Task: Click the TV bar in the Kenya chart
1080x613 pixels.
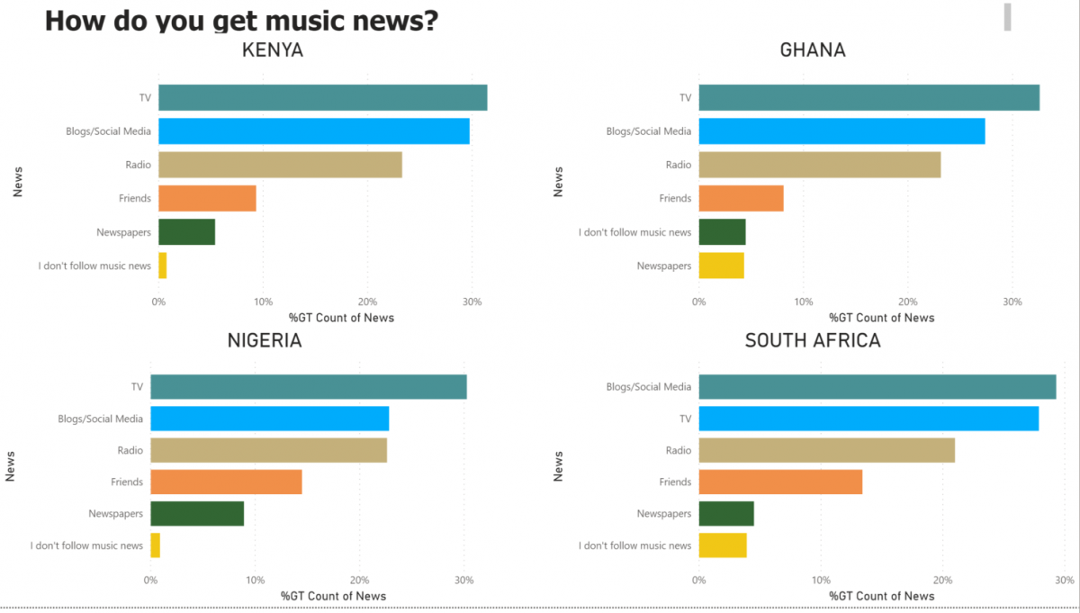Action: [322, 97]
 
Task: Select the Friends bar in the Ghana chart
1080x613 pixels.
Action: [741, 198]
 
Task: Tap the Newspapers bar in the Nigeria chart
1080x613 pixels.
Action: [196, 513]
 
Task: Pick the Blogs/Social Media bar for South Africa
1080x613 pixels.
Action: [877, 386]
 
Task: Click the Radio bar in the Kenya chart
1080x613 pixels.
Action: [280, 165]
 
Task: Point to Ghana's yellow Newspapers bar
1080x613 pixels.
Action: [721, 266]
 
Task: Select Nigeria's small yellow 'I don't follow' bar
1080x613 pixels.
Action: [155, 545]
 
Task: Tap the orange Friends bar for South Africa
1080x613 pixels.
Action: [780, 482]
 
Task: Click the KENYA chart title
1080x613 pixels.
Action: [273, 50]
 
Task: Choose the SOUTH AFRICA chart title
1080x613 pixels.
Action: [813, 341]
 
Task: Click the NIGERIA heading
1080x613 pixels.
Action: [264, 341]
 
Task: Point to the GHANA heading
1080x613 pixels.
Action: [813, 50]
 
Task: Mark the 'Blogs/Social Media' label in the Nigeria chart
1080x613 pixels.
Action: [100, 419]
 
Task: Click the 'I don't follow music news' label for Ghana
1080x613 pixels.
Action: [634, 232]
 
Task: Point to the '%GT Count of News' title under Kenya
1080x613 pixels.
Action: [341, 318]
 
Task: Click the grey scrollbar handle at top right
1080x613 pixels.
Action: [1007, 16]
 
